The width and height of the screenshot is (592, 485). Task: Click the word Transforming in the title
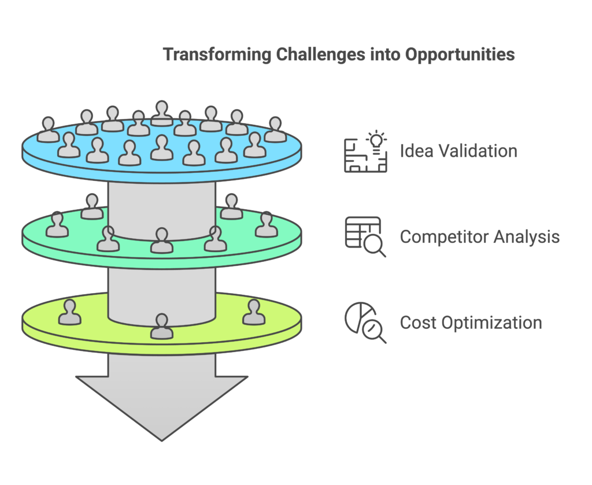click(x=217, y=55)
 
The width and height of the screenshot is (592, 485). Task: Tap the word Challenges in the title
click(x=320, y=55)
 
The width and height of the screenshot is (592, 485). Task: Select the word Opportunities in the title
click(x=460, y=55)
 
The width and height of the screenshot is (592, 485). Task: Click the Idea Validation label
click(x=458, y=151)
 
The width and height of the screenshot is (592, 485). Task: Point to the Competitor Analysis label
click(x=479, y=236)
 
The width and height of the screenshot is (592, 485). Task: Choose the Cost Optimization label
click(x=471, y=323)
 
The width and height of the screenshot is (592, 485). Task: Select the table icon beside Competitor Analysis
click(x=362, y=232)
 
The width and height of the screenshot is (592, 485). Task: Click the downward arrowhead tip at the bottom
click(x=162, y=440)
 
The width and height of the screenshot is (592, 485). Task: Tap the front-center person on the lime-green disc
click(x=162, y=326)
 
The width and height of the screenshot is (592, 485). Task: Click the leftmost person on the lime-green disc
click(x=70, y=312)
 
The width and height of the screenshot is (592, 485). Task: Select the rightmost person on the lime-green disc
click(x=254, y=312)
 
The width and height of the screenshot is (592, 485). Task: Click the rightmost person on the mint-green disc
click(x=267, y=224)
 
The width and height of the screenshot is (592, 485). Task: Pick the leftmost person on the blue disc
click(x=49, y=129)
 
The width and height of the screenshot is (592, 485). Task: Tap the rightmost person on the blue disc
click(x=275, y=129)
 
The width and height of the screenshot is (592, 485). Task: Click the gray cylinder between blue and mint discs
click(x=162, y=209)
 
